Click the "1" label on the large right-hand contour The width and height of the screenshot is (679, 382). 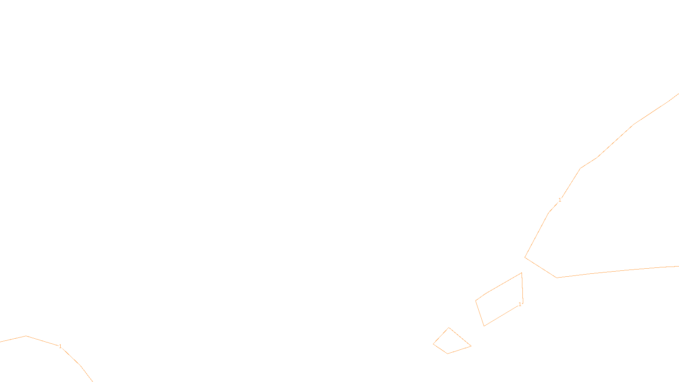[x=560, y=200]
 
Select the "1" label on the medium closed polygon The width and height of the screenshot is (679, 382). [x=520, y=304]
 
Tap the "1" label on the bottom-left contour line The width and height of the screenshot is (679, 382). [x=60, y=346]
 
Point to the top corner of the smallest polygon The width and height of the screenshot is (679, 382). [x=449, y=328]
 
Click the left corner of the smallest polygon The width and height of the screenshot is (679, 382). [x=433, y=344]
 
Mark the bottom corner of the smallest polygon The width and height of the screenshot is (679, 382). [x=447, y=354]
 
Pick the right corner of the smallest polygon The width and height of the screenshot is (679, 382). [x=471, y=346]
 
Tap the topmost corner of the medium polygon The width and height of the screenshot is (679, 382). [x=522, y=273]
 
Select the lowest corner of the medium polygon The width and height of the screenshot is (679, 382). [x=484, y=326]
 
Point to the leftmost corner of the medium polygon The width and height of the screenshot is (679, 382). [x=476, y=301]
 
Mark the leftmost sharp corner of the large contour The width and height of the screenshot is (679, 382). [x=525, y=257]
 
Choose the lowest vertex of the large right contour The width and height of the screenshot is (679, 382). [x=557, y=278]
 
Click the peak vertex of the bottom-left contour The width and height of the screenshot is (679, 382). [x=26, y=336]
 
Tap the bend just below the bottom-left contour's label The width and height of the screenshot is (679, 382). [x=80, y=365]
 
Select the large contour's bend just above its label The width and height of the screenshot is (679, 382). [x=580, y=168]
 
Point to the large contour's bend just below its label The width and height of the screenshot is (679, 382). [x=548, y=213]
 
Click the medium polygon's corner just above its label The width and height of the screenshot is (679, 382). [x=523, y=303]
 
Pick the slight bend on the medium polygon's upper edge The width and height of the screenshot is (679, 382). [x=486, y=293]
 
